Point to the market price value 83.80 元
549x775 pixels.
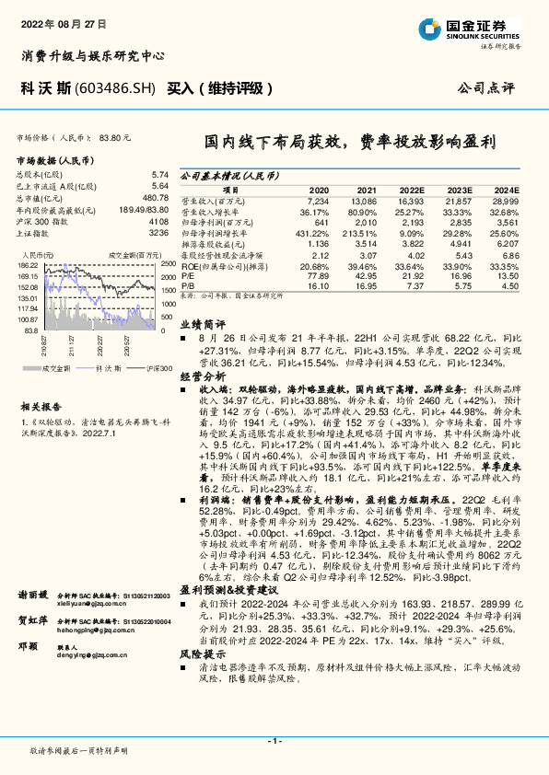(115, 137)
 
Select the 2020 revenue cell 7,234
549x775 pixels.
(317, 200)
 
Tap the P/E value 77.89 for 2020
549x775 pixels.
(317, 275)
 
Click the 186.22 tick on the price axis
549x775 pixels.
(28, 263)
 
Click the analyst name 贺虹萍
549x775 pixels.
(34, 622)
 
